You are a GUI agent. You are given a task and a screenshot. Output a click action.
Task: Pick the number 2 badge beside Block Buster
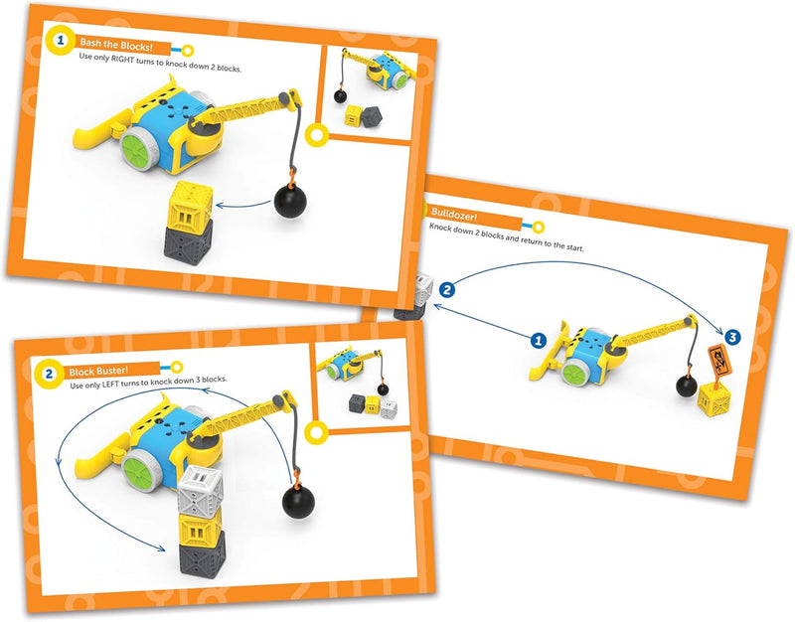tap(49, 375)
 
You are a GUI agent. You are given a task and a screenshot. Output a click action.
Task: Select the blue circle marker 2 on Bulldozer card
tap(447, 290)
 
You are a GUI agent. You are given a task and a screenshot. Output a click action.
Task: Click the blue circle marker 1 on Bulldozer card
tap(538, 340)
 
